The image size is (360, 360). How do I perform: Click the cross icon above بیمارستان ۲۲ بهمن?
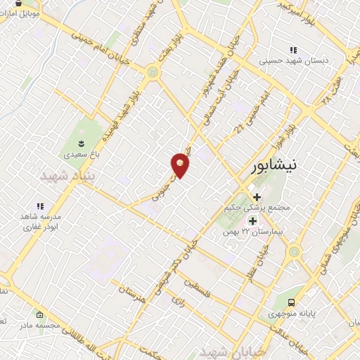pos(252,221)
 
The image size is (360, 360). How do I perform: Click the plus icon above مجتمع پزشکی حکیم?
pos(257,198)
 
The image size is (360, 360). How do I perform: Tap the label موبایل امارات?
pos(26,13)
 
